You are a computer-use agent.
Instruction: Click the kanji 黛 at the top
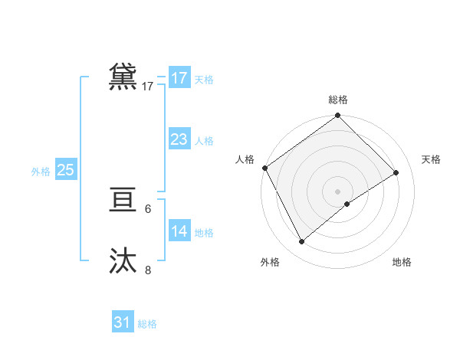123,77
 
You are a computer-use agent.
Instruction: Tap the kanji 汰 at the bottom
123,261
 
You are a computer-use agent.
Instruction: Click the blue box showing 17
179,78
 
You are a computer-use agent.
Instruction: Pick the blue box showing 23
179,139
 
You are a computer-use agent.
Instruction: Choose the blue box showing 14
179,231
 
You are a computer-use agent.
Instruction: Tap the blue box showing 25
65,170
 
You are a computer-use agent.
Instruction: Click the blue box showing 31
123,322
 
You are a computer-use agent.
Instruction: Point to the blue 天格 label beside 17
204,80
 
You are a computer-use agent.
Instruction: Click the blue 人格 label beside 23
204,141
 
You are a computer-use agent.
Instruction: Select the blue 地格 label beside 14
204,233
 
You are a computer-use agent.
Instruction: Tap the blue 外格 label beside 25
41,172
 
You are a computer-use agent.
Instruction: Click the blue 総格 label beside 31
147,324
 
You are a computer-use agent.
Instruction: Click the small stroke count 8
148,270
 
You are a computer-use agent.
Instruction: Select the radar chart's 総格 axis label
337,100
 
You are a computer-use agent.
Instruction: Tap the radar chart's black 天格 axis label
431,159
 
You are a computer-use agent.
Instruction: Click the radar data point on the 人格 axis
264,168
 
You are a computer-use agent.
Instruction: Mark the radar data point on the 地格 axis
347,204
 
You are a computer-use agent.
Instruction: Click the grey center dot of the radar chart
337,191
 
